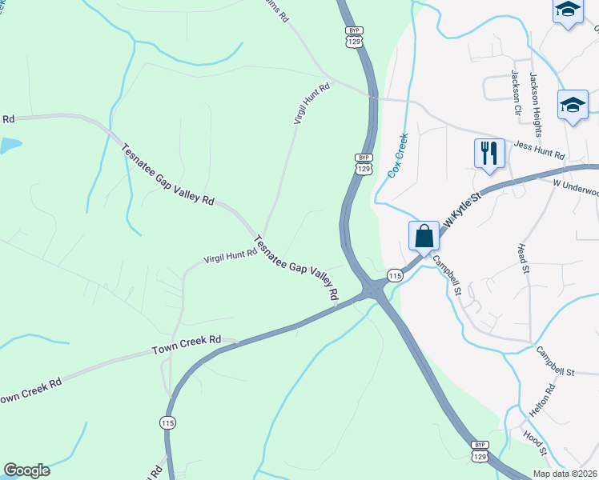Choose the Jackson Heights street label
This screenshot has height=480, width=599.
(533, 87)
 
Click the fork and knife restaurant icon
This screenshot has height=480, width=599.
(488, 151)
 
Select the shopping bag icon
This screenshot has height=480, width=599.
(424, 236)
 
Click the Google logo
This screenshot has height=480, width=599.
(26, 470)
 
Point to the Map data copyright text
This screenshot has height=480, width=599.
(565, 474)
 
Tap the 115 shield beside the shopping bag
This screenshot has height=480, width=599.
(395, 275)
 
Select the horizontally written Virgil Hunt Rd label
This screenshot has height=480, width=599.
(230, 255)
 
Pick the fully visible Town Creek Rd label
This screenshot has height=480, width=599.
(186, 346)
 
